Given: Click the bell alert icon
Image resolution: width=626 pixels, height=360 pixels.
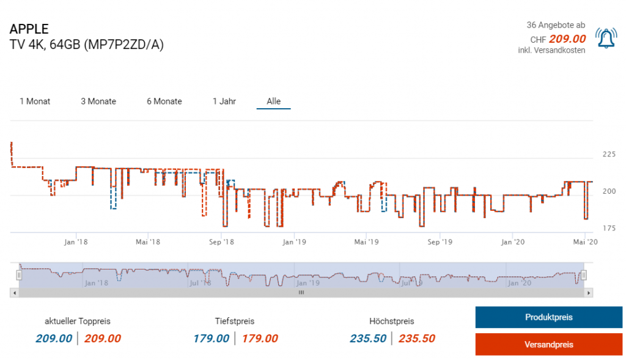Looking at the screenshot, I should [x=606, y=39].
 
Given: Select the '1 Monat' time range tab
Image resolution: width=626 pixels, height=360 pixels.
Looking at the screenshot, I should [x=35, y=101].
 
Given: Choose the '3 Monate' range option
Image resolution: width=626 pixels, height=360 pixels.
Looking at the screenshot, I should [x=98, y=101].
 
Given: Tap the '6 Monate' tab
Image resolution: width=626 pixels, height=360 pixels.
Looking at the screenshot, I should [x=164, y=101].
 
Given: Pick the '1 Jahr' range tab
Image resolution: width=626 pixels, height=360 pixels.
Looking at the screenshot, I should [x=224, y=101].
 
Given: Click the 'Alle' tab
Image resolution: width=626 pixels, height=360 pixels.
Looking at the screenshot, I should [x=273, y=101].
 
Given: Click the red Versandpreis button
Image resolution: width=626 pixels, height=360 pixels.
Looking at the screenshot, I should [x=548, y=345].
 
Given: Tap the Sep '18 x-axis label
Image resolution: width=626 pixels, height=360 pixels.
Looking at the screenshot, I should [x=221, y=242].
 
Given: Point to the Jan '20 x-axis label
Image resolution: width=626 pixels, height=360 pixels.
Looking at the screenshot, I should [x=512, y=242].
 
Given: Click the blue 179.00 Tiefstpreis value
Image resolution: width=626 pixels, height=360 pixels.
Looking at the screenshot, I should [x=212, y=339].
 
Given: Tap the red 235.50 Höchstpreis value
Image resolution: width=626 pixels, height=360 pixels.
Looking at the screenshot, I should [x=417, y=339].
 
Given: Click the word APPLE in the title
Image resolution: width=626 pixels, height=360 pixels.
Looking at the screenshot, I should [x=29, y=29].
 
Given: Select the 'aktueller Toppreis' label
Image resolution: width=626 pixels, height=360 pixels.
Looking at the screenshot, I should [x=78, y=321].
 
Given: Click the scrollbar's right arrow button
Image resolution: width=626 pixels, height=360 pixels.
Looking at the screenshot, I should [x=589, y=293].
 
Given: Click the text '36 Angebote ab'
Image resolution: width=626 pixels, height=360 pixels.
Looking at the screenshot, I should [x=556, y=25].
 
